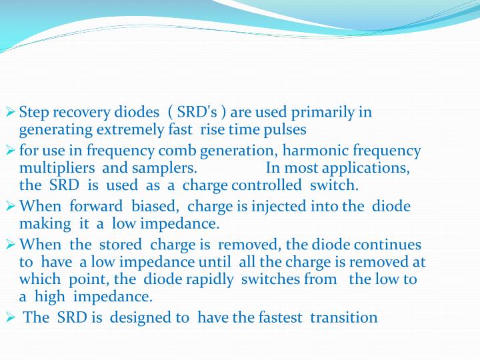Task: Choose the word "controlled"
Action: (265, 185)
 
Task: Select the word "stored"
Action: (121, 245)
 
